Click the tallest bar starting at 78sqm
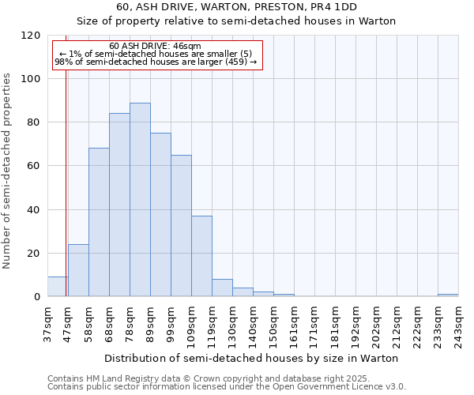pyautogui.click(x=140, y=200)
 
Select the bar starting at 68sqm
pyautogui.click(x=119, y=205)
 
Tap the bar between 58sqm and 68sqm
pyautogui.click(x=99, y=223)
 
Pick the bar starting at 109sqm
pyautogui.click(x=201, y=256)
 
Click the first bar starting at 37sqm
pyautogui.click(x=57, y=287)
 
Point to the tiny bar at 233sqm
pyautogui.click(x=448, y=295)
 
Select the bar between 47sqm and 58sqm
pyautogui.click(x=78, y=270)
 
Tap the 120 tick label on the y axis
pyautogui.click(x=32, y=36)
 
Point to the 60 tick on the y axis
pyautogui.click(x=35, y=167)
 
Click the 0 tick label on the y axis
pyautogui.click(x=37, y=297)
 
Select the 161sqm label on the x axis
pyautogui.click(x=294, y=324)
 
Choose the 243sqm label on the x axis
pyautogui.click(x=458, y=324)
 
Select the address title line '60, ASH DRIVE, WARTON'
pyautogui.click(x=236, y=7)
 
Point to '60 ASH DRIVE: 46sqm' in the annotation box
pyautogui.click(x=156, y=47)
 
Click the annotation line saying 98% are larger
pyautogui.click(x=156, y=62)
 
